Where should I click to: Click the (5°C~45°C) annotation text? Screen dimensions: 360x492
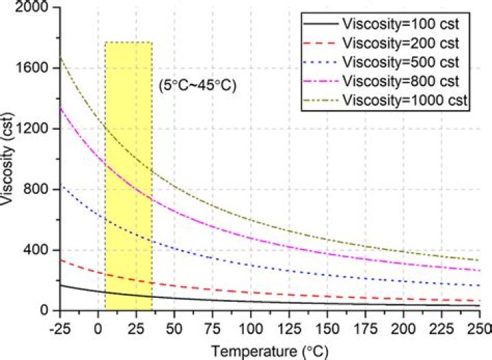pos(197,87)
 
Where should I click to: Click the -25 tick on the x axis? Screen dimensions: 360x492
pos(59,325)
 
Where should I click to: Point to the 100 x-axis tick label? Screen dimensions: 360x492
pos(251,325)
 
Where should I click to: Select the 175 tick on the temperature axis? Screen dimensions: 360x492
pos(366,325)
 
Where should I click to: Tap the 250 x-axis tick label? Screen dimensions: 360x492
pos(479,325)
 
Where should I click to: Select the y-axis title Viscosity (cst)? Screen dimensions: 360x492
pos(10,158)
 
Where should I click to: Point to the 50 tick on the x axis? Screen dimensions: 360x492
pos(175,325)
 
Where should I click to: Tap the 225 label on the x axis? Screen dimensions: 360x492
pos(441,325)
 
